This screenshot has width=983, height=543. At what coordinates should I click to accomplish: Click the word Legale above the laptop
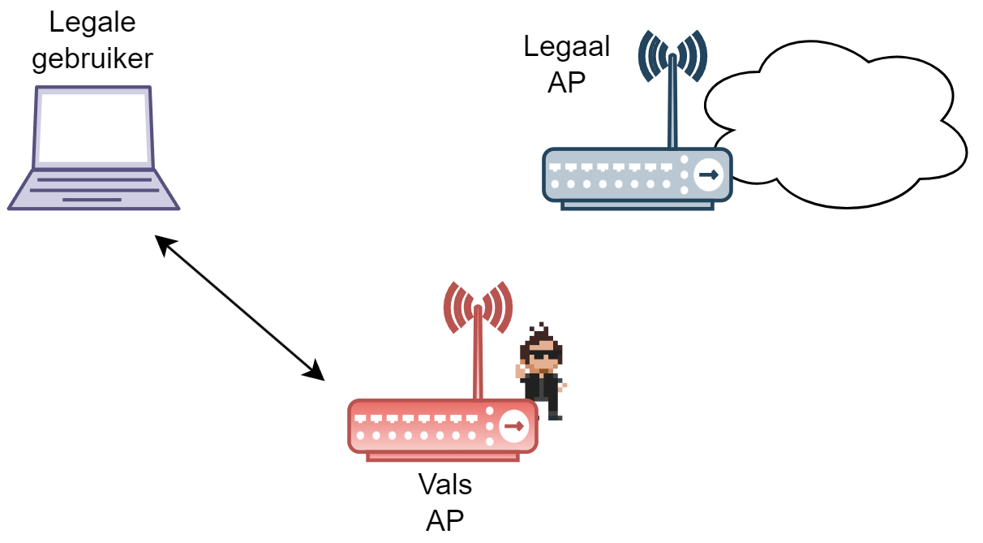(92, 23)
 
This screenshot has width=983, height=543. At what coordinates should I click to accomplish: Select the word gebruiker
(92, 59)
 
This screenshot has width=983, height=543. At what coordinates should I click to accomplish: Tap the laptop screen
(92, 127)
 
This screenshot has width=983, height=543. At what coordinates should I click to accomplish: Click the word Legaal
(566, 46)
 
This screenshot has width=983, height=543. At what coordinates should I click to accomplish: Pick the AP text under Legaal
(566, 82)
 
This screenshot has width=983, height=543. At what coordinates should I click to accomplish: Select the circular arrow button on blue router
(709, 175)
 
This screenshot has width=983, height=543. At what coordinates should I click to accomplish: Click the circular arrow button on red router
(514, 426)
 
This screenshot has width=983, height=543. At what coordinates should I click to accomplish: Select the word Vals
(445, 485)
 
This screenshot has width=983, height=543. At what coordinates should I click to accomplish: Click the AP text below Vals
(445, 519)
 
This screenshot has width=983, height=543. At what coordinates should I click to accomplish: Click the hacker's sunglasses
(541, 355)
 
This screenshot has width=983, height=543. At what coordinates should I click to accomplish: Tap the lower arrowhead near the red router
(316, 373)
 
